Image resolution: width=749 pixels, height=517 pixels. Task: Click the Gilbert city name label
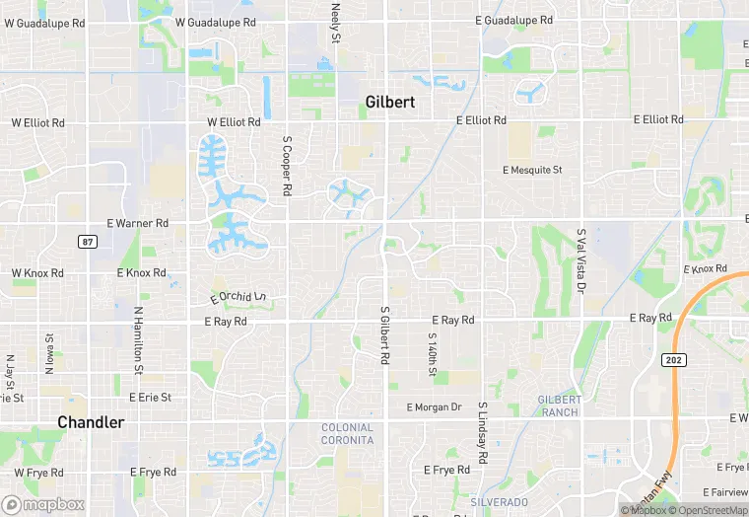pyautogui.click(x=390, y=102)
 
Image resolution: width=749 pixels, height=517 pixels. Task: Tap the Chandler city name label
pyautogui.click(x=91, y=422)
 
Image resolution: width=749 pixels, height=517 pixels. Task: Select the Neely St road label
pyautogui.click(x=335, y=22)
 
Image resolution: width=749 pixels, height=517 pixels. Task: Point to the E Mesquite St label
pyautogui.click(x=532, y=170)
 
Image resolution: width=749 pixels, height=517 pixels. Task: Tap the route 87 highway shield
pyautogui.click(x=88, y=242)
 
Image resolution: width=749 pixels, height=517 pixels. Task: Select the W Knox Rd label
pyautogui.click(x=37, y=272)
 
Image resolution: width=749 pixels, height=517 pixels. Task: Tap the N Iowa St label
pyautogui.click(x=48, y=354)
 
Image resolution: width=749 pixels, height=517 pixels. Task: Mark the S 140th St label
pyautogui.click(x=432, y=353)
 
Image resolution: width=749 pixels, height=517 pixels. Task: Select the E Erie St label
pyautogui.click(x=150, y=398)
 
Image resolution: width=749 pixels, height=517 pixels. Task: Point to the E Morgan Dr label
pyautogui.click(x=434, y=406)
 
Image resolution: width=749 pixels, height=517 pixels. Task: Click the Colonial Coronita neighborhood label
pyautogui.click(x=347, y=433)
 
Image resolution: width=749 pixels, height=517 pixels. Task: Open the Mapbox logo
pyautogui.click(x=43, y=504)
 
